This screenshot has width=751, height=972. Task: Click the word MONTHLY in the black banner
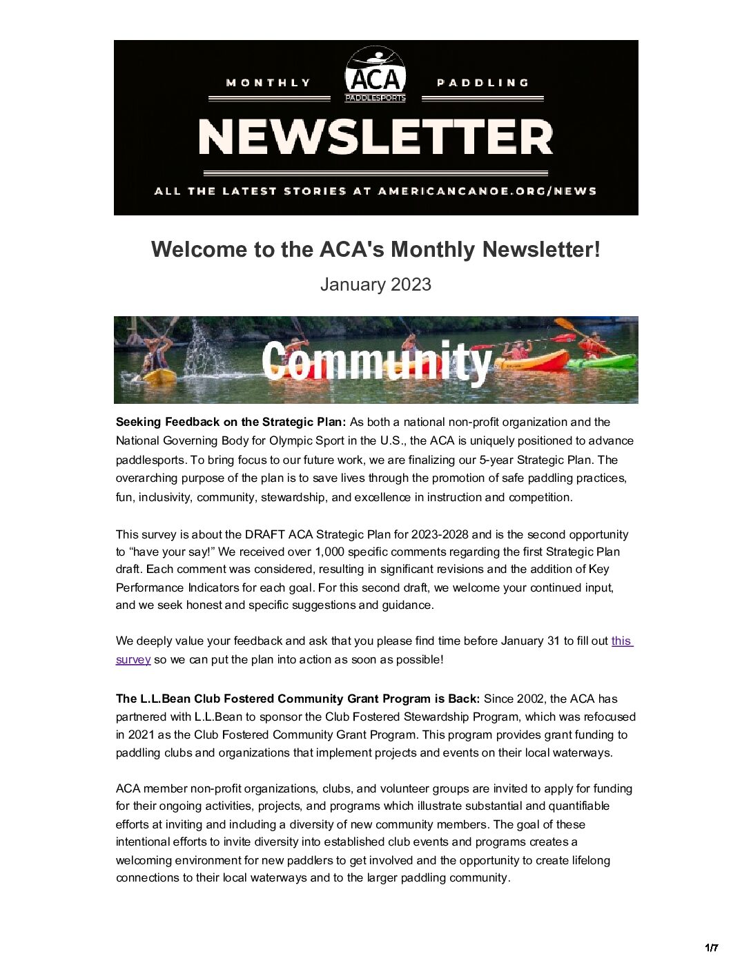tap(269, 83)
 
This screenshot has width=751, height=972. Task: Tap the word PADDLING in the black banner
tap(482, 83)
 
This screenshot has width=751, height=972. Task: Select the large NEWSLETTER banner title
tap(375, 137)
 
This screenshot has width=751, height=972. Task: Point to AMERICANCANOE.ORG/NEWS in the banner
tap(487, 191)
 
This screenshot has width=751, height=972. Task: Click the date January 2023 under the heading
tap(375, 284)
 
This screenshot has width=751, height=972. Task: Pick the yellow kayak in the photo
tap(159, 375)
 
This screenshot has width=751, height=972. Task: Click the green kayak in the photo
tap(600, 360)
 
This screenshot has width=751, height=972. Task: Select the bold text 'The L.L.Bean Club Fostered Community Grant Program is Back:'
tap(298, 699)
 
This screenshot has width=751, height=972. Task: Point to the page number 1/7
tap(711, 948)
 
